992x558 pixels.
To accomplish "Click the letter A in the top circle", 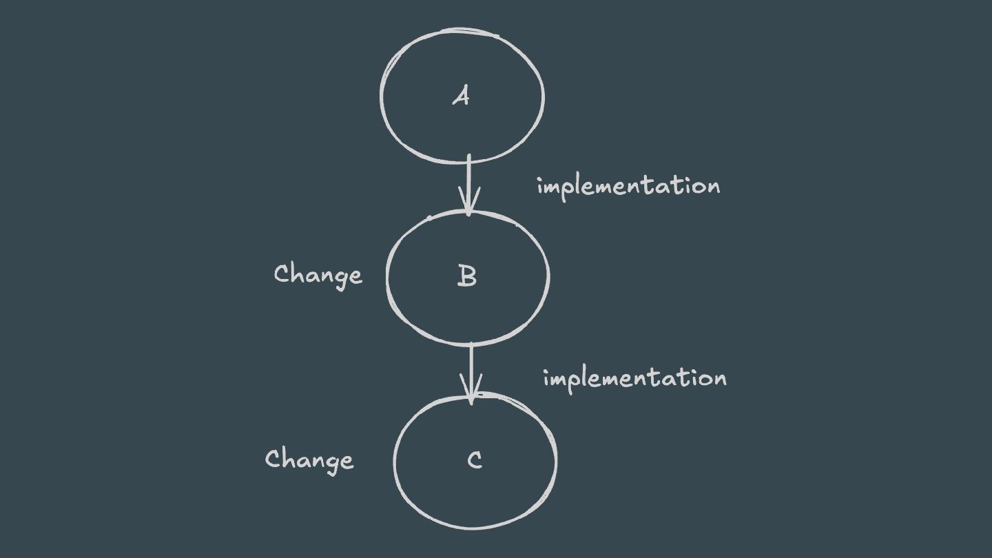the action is pyautogui.click(x=461, y=96).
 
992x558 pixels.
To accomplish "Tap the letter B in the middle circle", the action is pyautogui.click(x=467, y=276).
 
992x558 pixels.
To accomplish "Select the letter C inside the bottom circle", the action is pyautogui.click(x=475, y=460).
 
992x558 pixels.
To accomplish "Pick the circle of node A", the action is pyautogui.click(x=382, y=96).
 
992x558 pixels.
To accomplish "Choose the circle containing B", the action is pyautogui.click(x=389, y=276).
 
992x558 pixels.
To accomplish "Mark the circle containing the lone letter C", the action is pyautogui.click(x=396, y=460).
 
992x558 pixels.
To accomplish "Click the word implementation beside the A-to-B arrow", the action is pyautogui.click(x=628, y=187).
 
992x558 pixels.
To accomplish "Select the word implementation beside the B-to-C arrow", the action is pyautogui.click(x=634, y=378).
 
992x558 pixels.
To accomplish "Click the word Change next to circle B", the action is pyautogui.click(x=318, y=275).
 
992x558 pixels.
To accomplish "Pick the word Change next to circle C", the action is pyautogui.click(x=309, y=459).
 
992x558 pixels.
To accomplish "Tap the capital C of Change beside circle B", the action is pyautogui.click(x=282, y=273).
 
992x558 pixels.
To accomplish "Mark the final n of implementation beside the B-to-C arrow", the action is pyautogui.click(x=719, y=379).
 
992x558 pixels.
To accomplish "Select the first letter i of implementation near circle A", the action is pyautogui.click(x=540, y=186).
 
